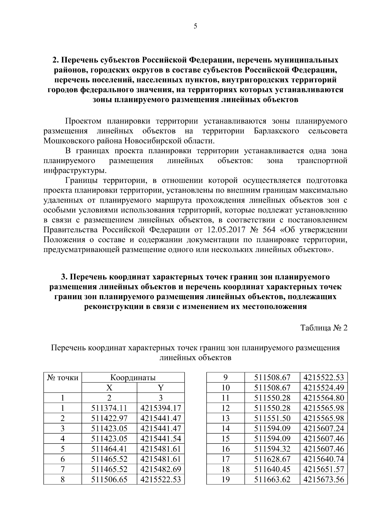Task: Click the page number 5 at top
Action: coord(195,26)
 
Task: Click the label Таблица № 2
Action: coord(324,328)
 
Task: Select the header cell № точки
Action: coord(63,378)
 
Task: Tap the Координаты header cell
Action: coord(133,378)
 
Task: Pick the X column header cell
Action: coord(109,388)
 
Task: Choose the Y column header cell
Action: coord(161,388)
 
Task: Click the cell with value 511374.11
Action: coord(109,408)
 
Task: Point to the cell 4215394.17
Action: coord(161,408)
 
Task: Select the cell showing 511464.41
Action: coord(109,449)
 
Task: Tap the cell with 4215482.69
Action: coord(161,469)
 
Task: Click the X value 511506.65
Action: coord(109,480)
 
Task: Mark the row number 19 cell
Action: coord(225,480)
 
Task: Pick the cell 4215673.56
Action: coord(323,480)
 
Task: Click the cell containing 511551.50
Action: coord(272,418)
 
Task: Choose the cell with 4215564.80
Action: coord(323,398)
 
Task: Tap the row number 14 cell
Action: coord(225,429)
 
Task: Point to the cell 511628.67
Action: coord(272,459)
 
